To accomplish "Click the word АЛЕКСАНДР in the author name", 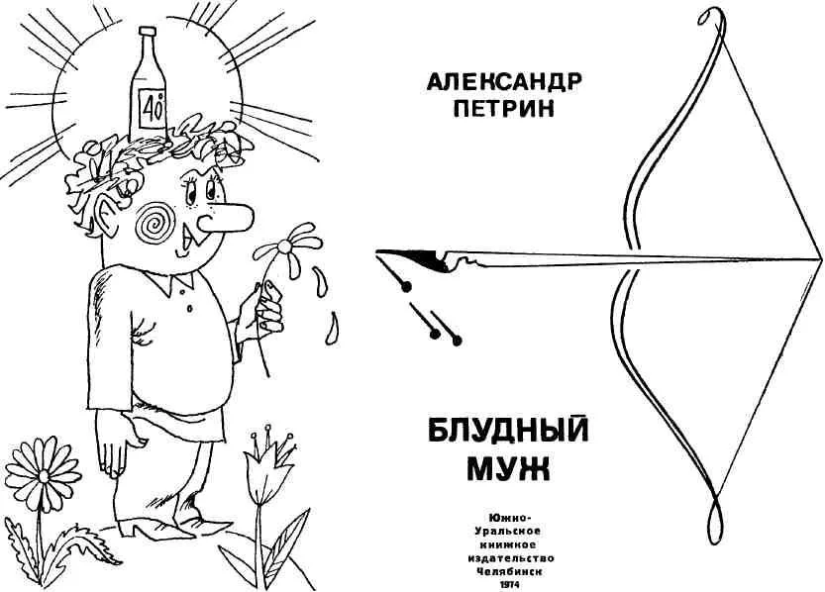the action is [x=504, y=82].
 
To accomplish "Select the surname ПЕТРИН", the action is [x=504, y=109].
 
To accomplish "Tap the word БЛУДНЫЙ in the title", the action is [x=508, y=432].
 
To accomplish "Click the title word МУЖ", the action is [x=508, y=468].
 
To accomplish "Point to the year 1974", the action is [x=508, y=585].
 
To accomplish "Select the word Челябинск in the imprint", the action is [x=508, y=571].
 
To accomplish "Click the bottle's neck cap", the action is [x=148, y=32].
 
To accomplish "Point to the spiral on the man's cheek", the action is [x=155, y=223].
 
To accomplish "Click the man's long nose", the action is [x=226, y=218].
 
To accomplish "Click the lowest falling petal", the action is [x=332, y=329].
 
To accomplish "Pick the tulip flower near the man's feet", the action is [x=266, y=466].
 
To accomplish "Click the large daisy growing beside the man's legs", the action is [x=44, y=474].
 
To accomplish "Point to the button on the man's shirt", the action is [x=189, y=308].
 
